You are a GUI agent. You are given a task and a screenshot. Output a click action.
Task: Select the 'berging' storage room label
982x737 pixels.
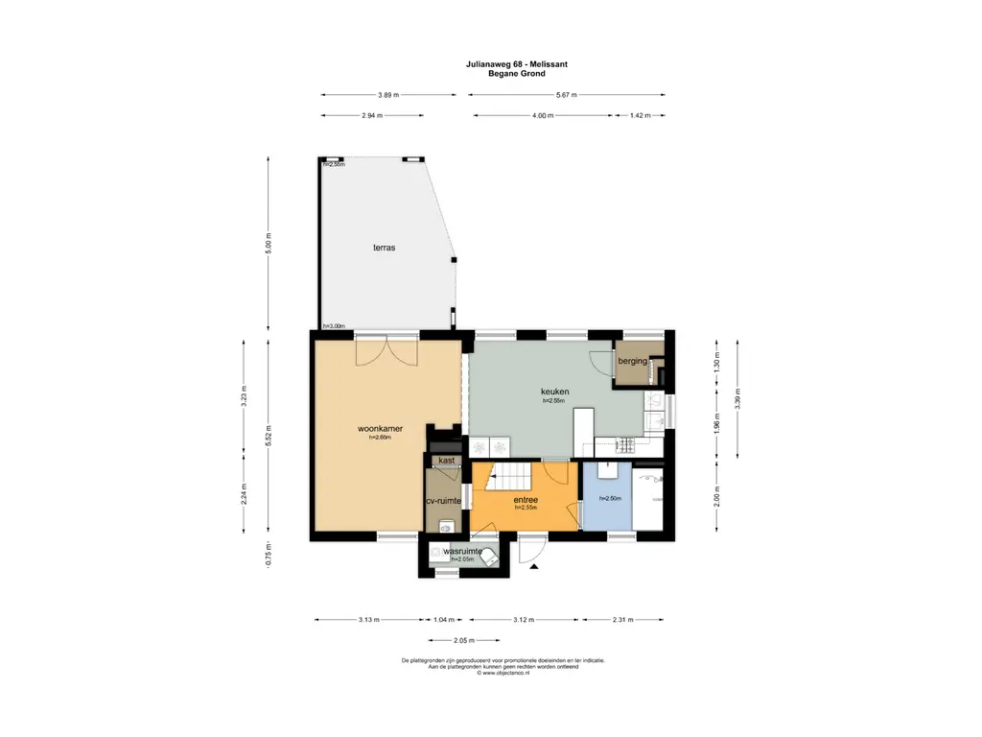click(633, 361)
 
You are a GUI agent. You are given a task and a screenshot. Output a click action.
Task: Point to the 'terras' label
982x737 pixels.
click(385, 248)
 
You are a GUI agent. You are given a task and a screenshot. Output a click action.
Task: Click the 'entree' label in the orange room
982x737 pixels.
click(525, 500)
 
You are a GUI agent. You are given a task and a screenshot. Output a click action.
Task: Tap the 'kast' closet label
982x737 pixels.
click(446, 461)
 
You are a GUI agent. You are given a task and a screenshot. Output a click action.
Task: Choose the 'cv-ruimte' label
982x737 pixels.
click(444, 501)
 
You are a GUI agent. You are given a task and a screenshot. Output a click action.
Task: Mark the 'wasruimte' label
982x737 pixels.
click(461, 552)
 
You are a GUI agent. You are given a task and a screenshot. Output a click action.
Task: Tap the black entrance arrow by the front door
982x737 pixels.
click(533, 568)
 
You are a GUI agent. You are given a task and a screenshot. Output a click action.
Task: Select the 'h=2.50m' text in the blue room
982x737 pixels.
click(611, 498)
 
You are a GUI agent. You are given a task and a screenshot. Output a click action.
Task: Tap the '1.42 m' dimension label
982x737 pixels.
click(640, 115)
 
